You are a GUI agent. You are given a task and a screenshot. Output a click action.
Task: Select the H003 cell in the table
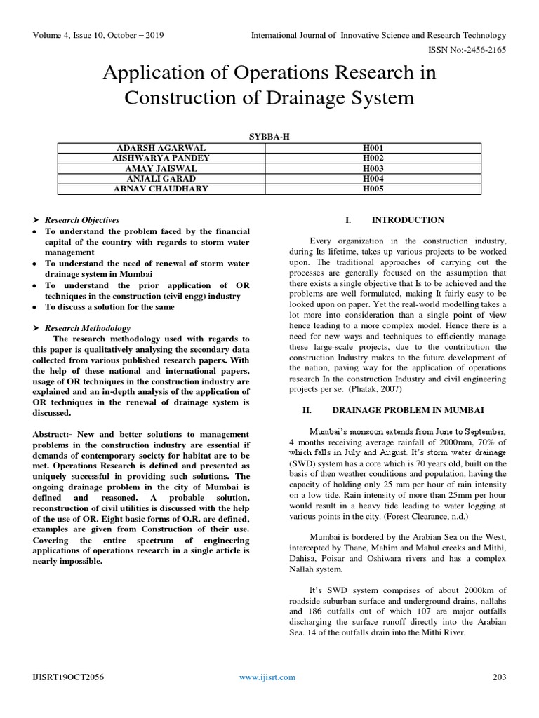[371, 168]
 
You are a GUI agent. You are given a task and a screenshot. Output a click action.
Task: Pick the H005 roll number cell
[371, 188]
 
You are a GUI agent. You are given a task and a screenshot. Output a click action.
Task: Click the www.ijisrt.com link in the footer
[267, 677]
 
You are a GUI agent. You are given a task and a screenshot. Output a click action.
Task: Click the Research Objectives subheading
[83, 220]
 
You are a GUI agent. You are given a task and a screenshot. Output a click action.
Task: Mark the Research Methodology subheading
[88, 327]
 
